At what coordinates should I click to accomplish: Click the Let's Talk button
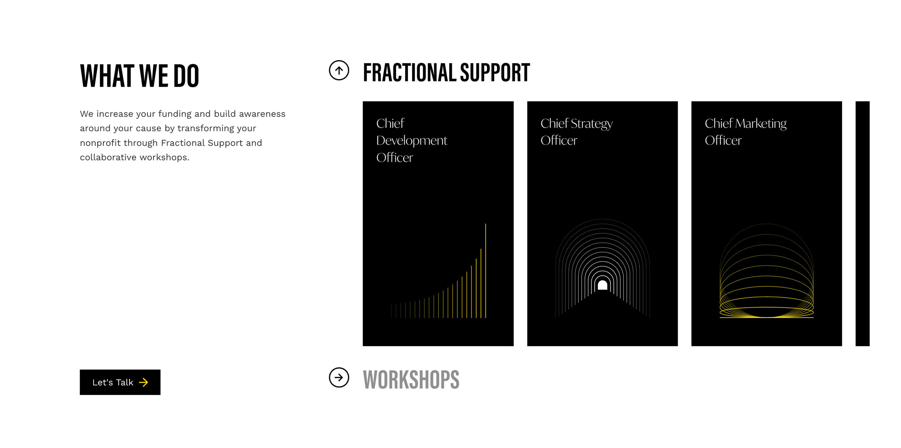[120, 382]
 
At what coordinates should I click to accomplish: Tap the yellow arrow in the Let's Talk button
[143, 382]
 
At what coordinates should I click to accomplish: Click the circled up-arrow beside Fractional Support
[339, 70]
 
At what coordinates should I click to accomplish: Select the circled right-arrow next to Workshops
[339, 377]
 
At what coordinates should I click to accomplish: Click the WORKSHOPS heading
[411, 379]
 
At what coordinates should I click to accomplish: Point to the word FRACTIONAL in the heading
[410, 72]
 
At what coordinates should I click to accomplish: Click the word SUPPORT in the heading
[495, 72]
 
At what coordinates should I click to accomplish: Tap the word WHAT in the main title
[107, 76]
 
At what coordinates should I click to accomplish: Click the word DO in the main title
[186, 76]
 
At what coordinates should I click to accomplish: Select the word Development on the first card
[411, 141]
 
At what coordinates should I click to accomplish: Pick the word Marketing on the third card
[761, 124]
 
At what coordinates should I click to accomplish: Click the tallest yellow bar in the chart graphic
[485, 271]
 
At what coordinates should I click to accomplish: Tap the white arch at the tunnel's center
[603, 285]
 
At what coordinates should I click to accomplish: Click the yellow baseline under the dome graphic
[767, 318]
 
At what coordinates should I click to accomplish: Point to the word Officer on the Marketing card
[723, 140]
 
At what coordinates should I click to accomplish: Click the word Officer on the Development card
[395, 158]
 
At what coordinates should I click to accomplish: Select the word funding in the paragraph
[175, 114]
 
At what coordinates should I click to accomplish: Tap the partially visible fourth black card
[862, 223]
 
